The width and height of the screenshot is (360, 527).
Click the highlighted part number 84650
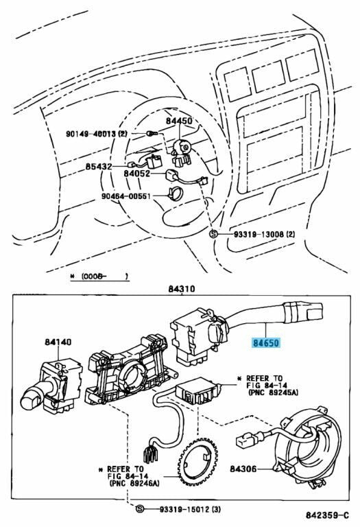265,343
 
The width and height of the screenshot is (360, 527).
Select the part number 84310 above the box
182,289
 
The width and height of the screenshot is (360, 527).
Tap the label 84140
58,342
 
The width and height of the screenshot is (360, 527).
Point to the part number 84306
243,469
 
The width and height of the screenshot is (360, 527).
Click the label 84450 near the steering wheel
179,121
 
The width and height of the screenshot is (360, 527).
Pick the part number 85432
98,166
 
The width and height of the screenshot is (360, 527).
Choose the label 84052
136,174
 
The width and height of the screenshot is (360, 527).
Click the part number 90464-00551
126,196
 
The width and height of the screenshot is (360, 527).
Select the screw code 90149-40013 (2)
97,134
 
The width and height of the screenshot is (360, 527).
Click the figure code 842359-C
327,515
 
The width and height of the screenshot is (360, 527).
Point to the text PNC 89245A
272,393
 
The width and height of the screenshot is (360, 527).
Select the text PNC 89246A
134,483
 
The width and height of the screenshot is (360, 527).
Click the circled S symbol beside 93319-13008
213,234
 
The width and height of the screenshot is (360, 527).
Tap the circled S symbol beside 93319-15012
140,509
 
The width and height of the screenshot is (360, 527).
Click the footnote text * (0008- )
99,277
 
